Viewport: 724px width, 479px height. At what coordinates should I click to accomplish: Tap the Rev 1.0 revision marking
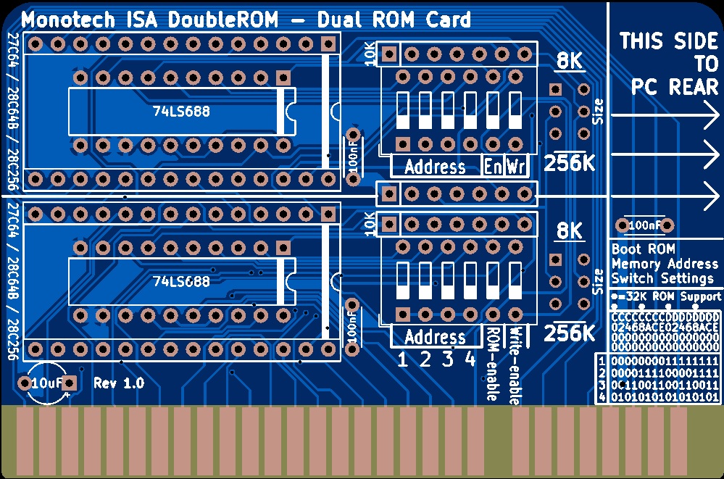pyautogui.click(x=119, y=383)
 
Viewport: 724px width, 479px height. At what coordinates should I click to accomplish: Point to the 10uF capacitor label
pyautogui.click(x=46, y=383)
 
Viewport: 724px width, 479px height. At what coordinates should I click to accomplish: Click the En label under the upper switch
pyautogui.click(x=493, y=167)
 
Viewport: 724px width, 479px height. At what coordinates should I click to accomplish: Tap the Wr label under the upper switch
pyautogui.click(x=516, y=167)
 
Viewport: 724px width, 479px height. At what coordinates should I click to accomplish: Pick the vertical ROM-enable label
pyautogui.click(x=493, y=363)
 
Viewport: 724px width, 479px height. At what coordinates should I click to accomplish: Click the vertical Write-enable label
pyautogui.click(x=517, y=365)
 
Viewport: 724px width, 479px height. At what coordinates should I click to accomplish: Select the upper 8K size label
pyautogui.click(x=570, y=62)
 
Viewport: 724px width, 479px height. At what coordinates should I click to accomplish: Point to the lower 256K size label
pyautogui.click(x=570, y=333)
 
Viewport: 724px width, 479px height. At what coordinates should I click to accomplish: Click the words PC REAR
pyautogui.click(x=673, y=87)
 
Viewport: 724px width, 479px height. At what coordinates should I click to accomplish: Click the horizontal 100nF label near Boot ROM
pyautogui.click(x=644, y=226)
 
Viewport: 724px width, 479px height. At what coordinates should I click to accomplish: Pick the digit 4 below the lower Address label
pyautogui.click(x=470, y=359)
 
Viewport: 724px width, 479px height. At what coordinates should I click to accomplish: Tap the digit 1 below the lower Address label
pyautogui.click(x=403, y=359)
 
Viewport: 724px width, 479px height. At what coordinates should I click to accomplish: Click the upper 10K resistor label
pyautogui.click(x=370, y=54)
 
